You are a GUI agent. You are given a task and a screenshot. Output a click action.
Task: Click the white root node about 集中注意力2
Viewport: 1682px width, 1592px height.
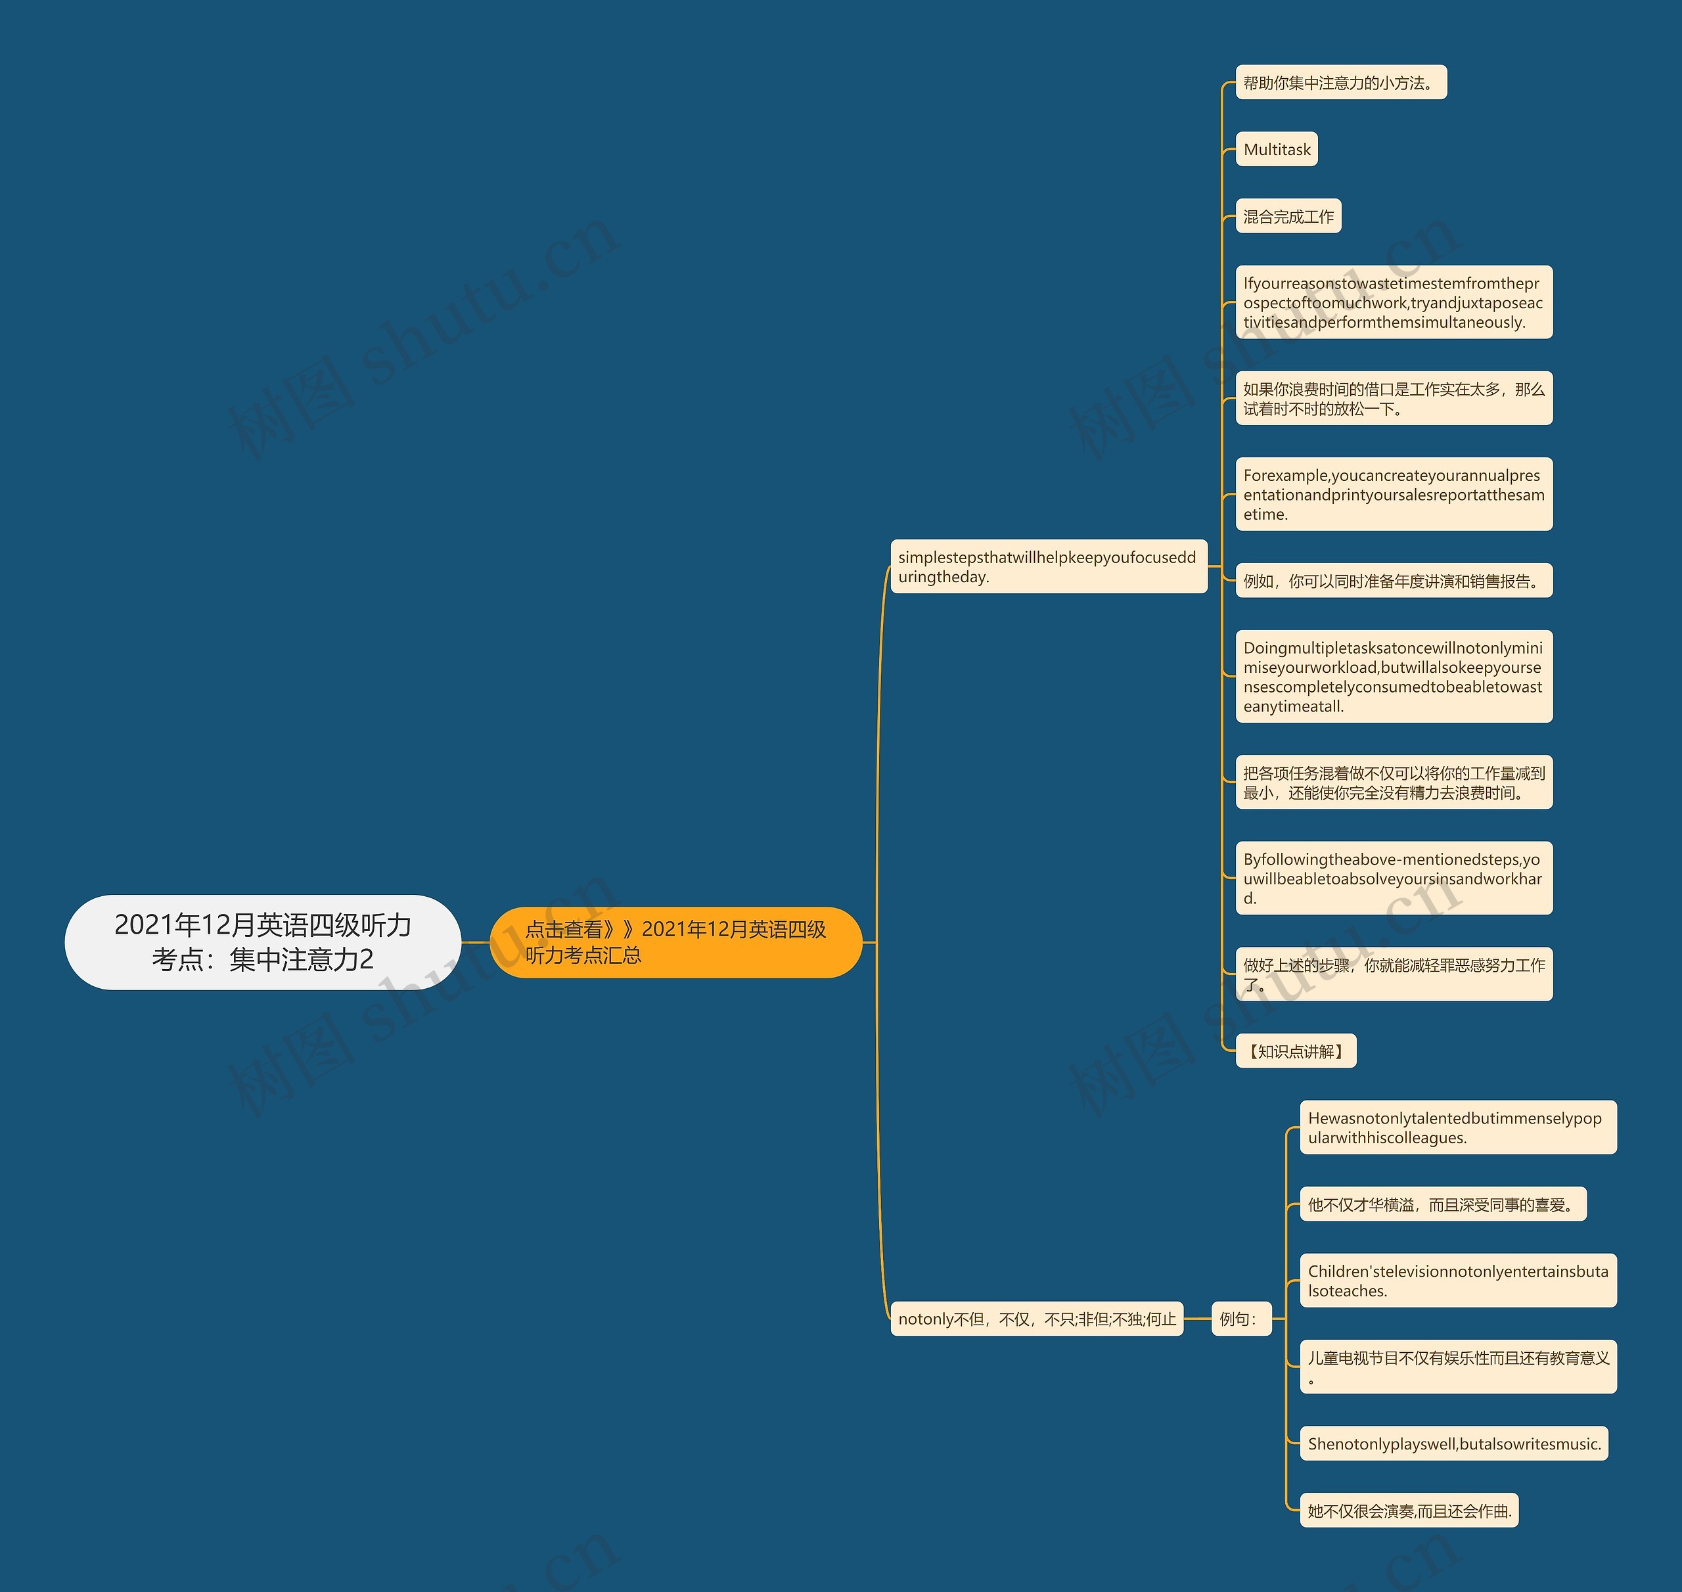(262, 942)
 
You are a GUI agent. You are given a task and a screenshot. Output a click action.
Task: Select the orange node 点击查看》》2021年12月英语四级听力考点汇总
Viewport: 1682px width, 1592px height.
(675, 942)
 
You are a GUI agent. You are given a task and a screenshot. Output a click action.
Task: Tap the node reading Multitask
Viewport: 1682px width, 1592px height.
(1277, 149)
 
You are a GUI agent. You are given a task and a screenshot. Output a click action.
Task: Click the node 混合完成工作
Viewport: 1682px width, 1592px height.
(1287, 216)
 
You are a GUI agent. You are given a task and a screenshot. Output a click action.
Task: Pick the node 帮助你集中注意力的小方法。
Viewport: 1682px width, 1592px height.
(1340, 82)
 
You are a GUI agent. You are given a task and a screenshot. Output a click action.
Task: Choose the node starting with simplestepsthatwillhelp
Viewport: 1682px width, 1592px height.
(1048, 567)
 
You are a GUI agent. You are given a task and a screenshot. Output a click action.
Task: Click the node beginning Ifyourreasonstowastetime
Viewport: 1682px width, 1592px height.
(1394, 303)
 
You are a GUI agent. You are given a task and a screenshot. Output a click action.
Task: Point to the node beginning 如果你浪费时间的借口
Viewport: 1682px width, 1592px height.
(1394, 399)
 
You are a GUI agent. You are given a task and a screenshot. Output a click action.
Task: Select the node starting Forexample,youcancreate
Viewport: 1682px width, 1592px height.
(1394, 495)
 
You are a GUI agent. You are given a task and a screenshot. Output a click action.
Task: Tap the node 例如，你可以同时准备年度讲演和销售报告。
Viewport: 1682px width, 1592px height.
(1394, 581)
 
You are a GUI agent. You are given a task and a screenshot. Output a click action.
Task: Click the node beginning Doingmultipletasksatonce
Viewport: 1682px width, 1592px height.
(1394, 676)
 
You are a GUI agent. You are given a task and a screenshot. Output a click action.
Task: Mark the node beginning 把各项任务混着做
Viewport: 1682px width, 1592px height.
(1394, 783)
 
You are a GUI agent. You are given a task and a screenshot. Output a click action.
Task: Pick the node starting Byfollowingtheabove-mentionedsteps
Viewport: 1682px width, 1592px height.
(1394, 878)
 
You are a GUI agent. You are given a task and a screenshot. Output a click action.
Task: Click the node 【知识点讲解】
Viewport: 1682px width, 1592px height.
(1295, 1051)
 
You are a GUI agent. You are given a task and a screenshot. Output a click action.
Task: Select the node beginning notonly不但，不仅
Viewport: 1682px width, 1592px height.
(1036, 1319)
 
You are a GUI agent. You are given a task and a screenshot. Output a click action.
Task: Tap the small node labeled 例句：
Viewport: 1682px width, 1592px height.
(1240, 1319)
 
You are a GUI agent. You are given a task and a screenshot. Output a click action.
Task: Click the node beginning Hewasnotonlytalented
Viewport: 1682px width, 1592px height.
(1458, 1128)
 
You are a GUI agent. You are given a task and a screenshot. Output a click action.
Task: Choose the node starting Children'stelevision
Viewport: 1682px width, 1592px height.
(1458, 1281)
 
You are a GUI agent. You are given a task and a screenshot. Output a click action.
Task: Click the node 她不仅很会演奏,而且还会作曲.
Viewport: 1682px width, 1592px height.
(1409, 1511)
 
